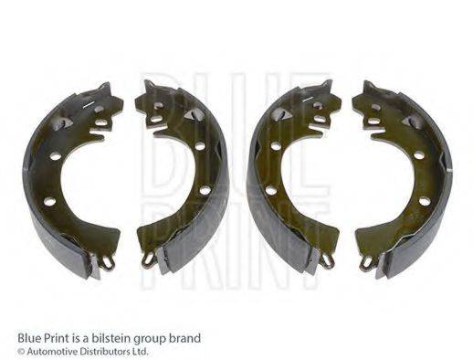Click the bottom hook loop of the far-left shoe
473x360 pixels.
tap(107, 263)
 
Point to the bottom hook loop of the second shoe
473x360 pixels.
tap(147, 259)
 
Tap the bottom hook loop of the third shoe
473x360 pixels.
tap(327, 261)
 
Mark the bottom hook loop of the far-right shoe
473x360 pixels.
tap(366, 261)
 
